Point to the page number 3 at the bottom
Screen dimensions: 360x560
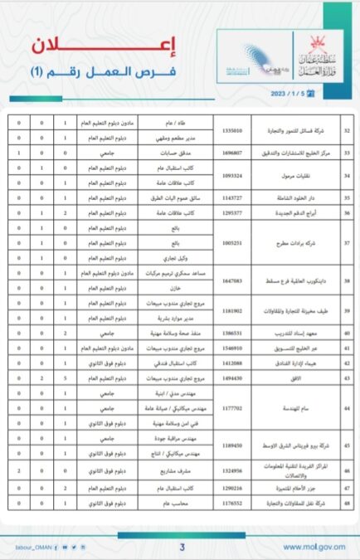pyautogui.click(x=181, y=547)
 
